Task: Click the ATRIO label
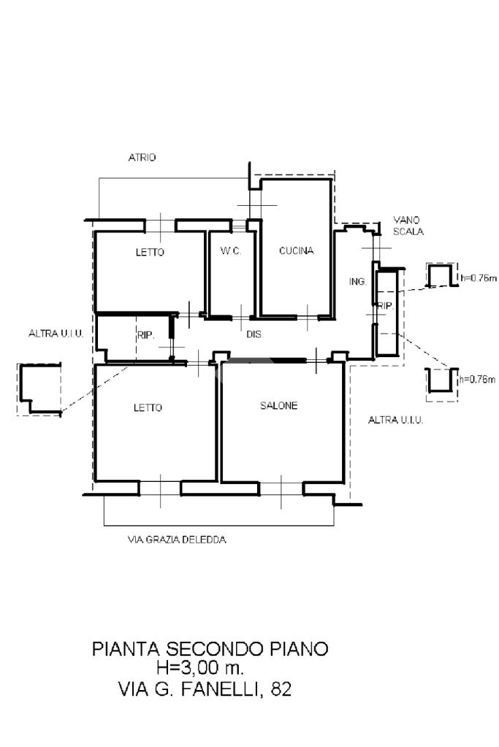[x=142, y=157]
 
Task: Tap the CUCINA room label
[x=297, y=250]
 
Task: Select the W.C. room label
[x=231, y=250]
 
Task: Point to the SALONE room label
[x=279, y=405]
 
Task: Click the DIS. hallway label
[x=255, y=334]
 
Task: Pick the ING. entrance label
[x=358, y=282]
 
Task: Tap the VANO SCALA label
[x=408, y=226]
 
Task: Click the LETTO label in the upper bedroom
[x=150, y=252]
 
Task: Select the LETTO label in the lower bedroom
[x=148, y=407]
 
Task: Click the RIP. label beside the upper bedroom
[x=146, y=335]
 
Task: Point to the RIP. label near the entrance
[x=386, y=307]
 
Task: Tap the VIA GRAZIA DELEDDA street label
[x=177, y=540]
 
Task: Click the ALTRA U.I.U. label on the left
[x=56, y=334]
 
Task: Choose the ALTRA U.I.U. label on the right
[x=395, y=420]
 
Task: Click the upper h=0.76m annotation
[x=479, y=278]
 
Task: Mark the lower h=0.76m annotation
[x=477, y=380]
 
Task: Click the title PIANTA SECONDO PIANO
[x=210, y=649]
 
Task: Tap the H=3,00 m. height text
[x=201, y=667]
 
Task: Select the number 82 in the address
[x=281, y=689]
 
